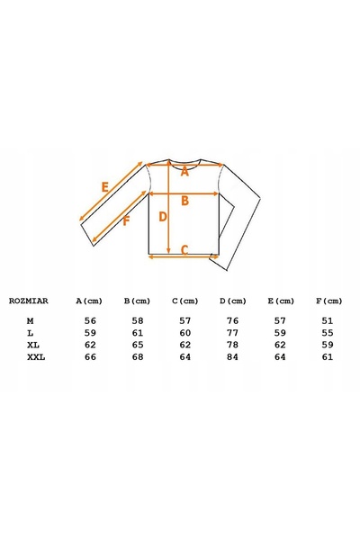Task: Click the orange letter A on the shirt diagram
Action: tap(185, 172)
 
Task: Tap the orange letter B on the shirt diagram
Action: tap(185, 201)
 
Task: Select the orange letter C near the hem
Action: tap(184, 249)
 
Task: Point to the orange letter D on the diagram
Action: tap(163, 217)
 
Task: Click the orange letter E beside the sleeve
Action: tap(104, 187)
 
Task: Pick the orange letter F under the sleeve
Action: tap(126, 221)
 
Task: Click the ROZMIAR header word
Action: tap(29, 301)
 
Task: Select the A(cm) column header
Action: tap(89, 301)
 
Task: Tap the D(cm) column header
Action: tap(233, 301)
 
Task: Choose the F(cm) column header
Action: tap(329, 301)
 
